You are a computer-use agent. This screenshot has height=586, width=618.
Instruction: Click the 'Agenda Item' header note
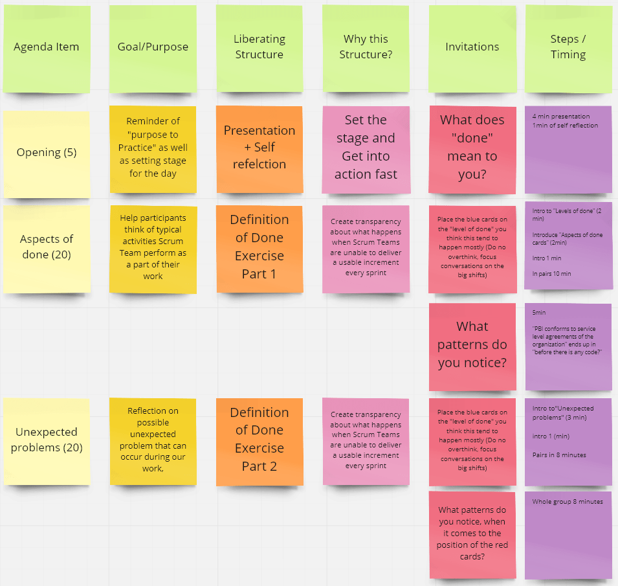(x=47, y=47)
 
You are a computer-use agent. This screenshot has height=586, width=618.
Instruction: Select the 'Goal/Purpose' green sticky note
(x=153, y=47)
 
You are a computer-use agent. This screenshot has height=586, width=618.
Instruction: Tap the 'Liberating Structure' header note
(x=259, y=47)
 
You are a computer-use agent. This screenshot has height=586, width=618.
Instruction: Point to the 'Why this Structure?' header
(x=366, y=47)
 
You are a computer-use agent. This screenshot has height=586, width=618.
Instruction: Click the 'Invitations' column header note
(x=472, y=47)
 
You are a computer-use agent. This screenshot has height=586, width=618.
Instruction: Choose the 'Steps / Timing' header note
(x=568, y=47)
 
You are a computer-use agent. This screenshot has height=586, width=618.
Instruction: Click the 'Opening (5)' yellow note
(x=47, y=152)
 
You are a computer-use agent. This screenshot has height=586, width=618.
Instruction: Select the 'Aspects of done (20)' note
(x=47, y=247)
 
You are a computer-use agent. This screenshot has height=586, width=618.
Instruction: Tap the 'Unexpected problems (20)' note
(x=47, y=440)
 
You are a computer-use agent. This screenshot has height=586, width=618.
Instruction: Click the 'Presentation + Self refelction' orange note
(x=259, y=148)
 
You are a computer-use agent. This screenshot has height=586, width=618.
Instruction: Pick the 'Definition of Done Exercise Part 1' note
(x=259, y=247)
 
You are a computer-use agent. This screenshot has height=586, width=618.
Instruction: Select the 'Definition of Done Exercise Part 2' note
(x=259, y=440)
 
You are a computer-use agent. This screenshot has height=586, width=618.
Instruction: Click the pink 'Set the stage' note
(x=366, y=148)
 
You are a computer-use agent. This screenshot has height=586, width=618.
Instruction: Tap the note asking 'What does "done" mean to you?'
(x=472, y=148)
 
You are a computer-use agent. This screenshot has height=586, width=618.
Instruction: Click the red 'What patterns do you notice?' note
(x=472, y=345)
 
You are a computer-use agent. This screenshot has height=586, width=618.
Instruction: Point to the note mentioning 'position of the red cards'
(x=472, y=534)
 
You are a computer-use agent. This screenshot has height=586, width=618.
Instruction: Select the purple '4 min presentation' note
(x=568, y=148)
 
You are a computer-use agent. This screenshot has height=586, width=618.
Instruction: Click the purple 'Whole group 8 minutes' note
(x=568, y=534)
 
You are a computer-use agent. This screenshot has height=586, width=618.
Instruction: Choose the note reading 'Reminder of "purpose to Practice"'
(x=153, y=148)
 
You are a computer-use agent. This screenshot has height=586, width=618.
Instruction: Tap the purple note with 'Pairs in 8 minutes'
(x=568, y=440)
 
